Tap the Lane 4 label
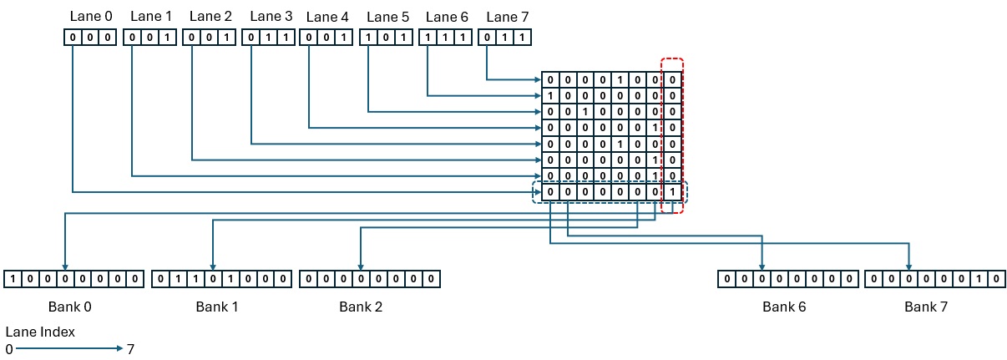pyautogui.click(x=327, y=16)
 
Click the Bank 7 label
pyautogui.click(x=926, y=307)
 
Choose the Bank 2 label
pyautogui.click(x=361, y=307)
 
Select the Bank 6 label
pyautogui.click(x=784, y=307)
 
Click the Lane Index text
pyautogui.click(x=40, y=332)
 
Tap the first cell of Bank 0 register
pyautogui.click(x=13, y=279)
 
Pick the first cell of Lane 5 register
pyautogui.click(x=367, y=38)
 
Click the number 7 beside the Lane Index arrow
pyautogui.click(x=130, y=348)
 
